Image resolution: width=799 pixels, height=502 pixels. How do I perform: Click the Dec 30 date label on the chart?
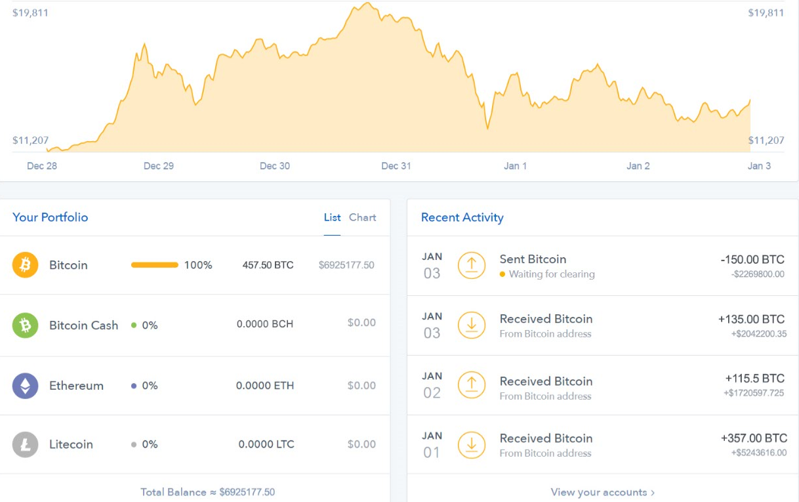point(275,166)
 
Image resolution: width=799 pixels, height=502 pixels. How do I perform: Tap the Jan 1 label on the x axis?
point(515,166)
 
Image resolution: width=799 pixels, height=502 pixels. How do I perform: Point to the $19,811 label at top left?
point(30,13)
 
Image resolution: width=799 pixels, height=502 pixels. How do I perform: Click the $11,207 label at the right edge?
point(766,140)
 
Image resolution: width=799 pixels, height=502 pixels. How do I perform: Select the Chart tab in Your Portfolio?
point(363,217)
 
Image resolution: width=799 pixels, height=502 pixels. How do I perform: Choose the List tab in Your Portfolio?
point(332,217)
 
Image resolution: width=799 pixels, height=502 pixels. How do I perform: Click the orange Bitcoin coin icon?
point(26,265)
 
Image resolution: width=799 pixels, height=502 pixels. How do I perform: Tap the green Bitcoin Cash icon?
point(26,325)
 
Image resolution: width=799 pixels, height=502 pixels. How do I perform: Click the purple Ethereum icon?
point(26,386)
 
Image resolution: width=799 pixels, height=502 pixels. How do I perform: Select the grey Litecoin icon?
point(26,444)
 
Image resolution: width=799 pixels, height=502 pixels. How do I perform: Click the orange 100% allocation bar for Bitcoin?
point(155,265)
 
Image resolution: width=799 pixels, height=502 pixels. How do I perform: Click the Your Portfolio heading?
point(50,217)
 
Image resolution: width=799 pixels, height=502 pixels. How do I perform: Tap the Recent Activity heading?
point(462,217)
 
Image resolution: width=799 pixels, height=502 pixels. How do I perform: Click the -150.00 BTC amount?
point(752,260)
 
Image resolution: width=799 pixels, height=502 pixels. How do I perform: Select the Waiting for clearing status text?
point(552,274)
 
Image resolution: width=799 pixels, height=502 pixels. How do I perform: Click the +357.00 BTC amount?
point(753,438)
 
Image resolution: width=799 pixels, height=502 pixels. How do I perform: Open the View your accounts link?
point(602,492)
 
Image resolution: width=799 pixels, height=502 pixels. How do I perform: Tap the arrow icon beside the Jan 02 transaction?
point(471,385)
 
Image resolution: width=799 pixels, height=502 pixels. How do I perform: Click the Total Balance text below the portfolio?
point(207,492)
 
